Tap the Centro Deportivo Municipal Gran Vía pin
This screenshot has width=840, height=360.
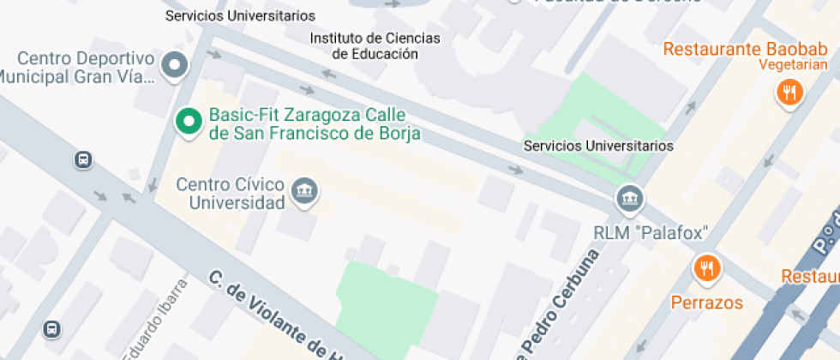coord(176,65)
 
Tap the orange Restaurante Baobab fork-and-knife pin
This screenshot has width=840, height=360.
coord(789,92)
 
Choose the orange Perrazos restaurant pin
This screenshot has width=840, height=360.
coord(707,269)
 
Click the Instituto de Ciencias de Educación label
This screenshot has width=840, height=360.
coord(375,46)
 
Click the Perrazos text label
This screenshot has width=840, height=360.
coord(707,303)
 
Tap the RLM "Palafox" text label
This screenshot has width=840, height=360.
coord(652,232)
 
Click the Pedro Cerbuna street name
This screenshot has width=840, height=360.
coord(557,304)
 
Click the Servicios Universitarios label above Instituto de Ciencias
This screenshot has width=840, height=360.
coord(240,15)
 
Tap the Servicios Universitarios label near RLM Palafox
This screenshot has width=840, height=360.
coord(598,147)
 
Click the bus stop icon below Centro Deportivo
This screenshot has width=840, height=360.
coord(83,159)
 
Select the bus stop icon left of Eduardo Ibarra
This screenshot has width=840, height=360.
coord(52,328)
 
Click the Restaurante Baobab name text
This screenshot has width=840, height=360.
coord(747,49)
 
